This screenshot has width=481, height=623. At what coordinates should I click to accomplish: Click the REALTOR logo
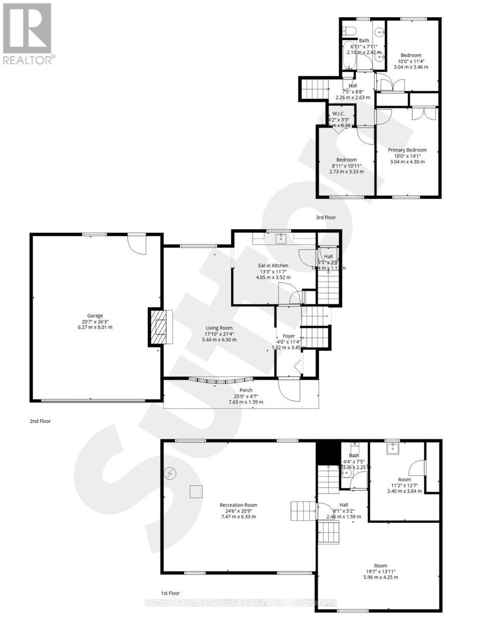(27, 33)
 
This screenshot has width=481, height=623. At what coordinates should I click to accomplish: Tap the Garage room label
(95, 315)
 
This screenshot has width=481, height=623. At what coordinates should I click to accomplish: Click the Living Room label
(218, 327)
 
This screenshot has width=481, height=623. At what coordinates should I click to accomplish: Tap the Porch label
(246, 390)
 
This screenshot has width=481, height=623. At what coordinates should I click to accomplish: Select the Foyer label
(288, 336)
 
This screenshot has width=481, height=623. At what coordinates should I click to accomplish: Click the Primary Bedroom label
(407, 150)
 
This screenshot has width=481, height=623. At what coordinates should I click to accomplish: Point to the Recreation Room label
(238, 505)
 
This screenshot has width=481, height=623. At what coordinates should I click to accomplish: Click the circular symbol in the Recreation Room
(170, 473)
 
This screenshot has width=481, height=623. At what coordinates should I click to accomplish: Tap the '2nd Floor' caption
(40, 422)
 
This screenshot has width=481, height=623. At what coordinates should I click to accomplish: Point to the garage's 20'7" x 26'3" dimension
(95, 321)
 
